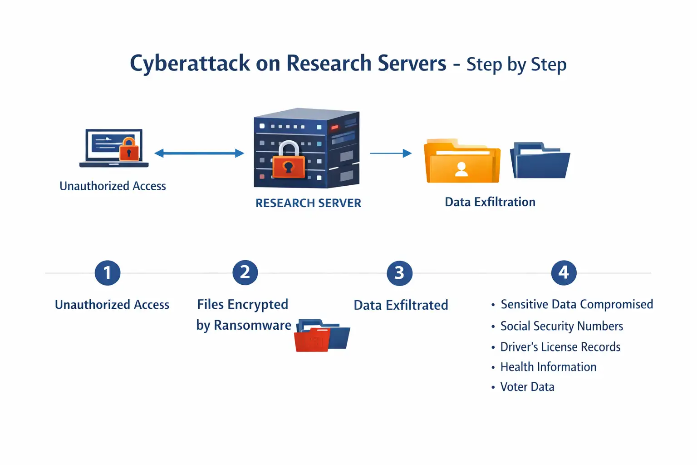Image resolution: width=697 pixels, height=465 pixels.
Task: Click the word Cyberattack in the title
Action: [190, 64]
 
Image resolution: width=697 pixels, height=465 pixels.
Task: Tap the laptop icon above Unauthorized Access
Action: [114, 148]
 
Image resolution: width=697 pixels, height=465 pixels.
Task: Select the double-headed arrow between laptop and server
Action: [199, 153]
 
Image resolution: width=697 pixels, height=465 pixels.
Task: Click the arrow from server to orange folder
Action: [391, 153]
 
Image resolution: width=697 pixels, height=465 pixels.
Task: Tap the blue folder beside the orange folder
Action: [540, 161]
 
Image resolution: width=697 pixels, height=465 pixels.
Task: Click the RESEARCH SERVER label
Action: [308, 203]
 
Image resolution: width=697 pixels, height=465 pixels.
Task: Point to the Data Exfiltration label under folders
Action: [490, 202]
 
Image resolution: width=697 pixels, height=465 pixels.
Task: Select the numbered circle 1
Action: [108, 273]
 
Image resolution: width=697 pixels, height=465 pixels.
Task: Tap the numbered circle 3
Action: [399, 273]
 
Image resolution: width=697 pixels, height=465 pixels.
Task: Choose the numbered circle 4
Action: [564, 273]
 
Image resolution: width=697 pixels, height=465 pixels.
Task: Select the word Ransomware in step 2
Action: [252, 325]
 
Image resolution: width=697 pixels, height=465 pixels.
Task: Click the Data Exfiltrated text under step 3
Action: [401, 305]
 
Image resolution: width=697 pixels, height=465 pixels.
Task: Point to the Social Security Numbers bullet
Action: [561, 326]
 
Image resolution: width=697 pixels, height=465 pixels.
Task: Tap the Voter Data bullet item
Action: [527, 387]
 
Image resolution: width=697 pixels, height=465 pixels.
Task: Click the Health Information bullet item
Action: [548, 367]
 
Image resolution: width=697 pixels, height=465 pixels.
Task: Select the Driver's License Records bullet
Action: [560, 347]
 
